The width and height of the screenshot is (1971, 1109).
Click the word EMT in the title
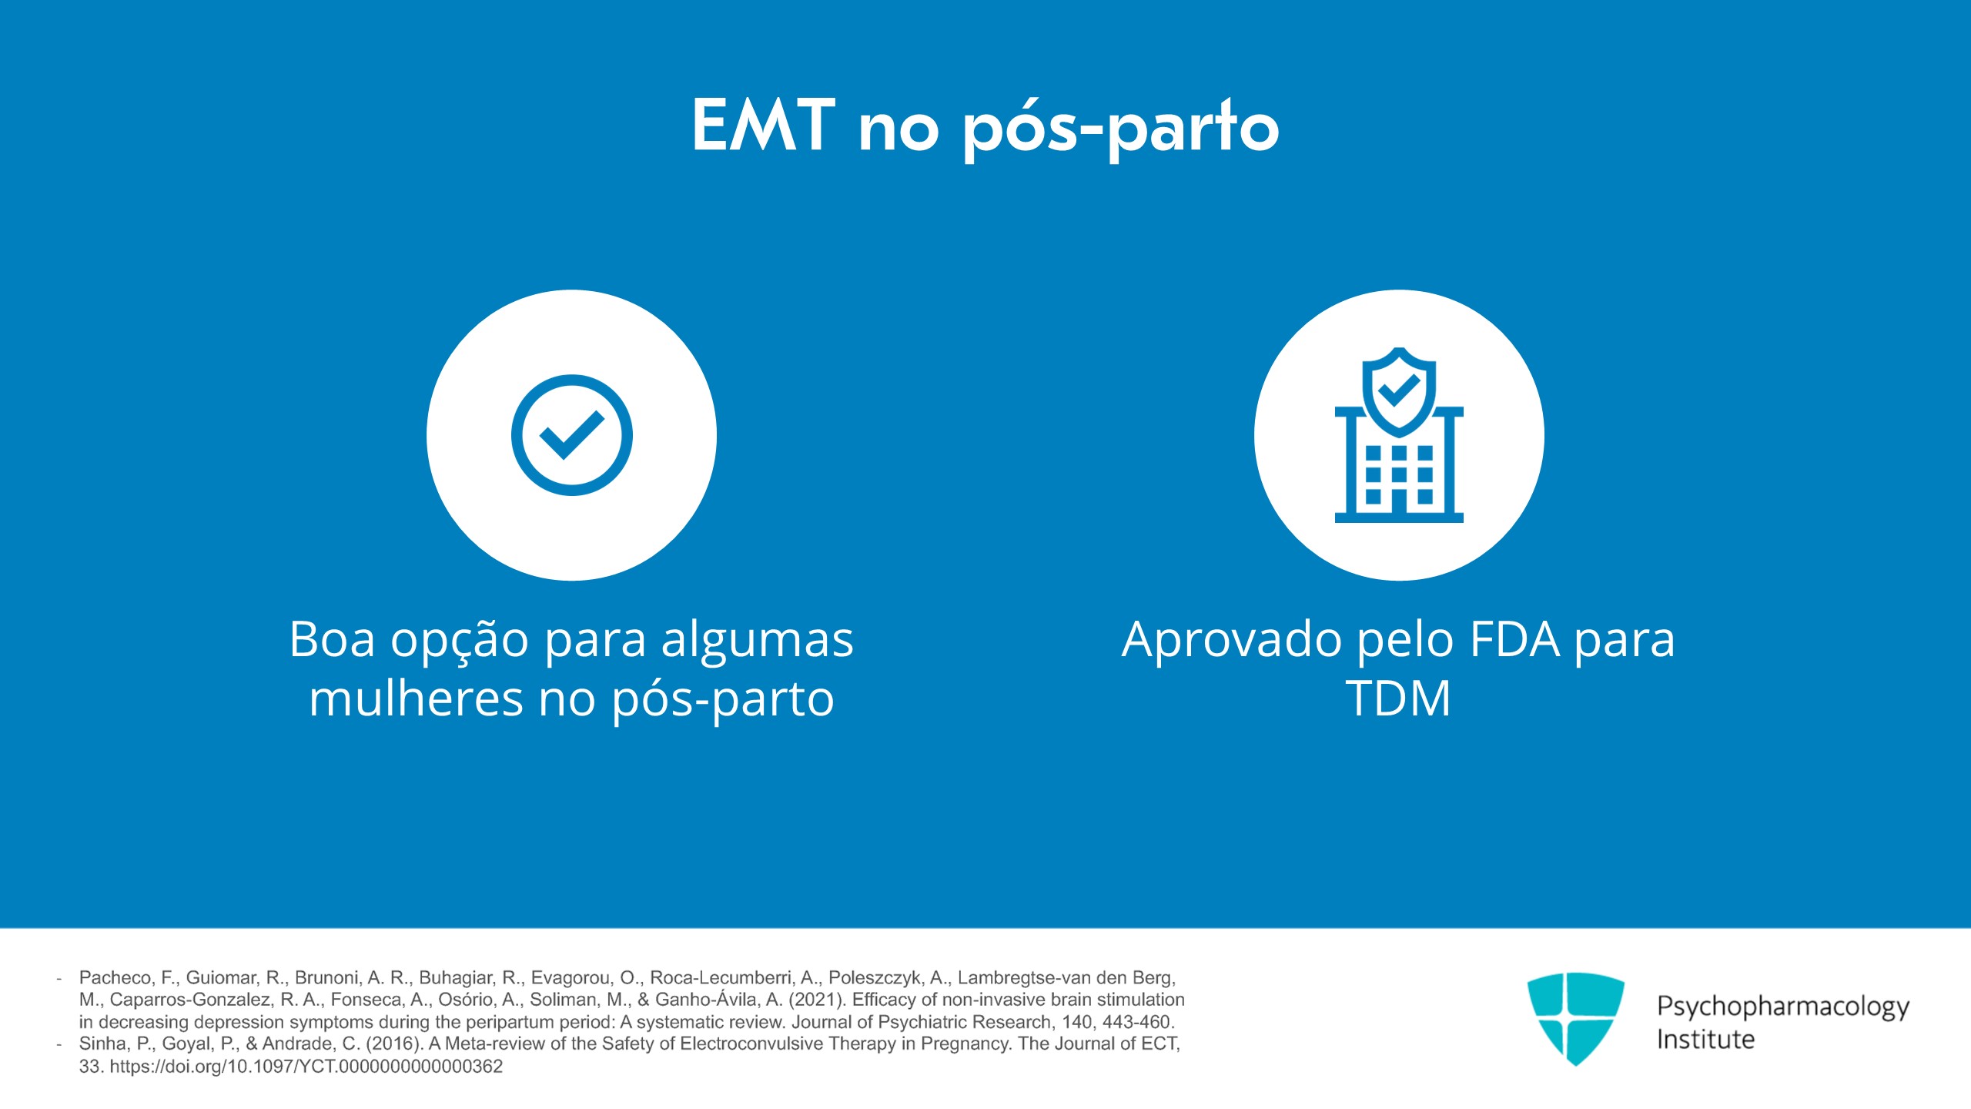763,125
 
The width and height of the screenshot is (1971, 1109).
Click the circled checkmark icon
571,435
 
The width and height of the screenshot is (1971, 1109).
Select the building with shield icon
1399,435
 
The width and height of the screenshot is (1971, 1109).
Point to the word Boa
333,639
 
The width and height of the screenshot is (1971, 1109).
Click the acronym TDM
1398,698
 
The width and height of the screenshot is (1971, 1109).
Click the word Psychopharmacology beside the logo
1783,1007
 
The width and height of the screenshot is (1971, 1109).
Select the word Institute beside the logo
1705,1040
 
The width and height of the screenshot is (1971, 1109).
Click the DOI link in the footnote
306,1067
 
